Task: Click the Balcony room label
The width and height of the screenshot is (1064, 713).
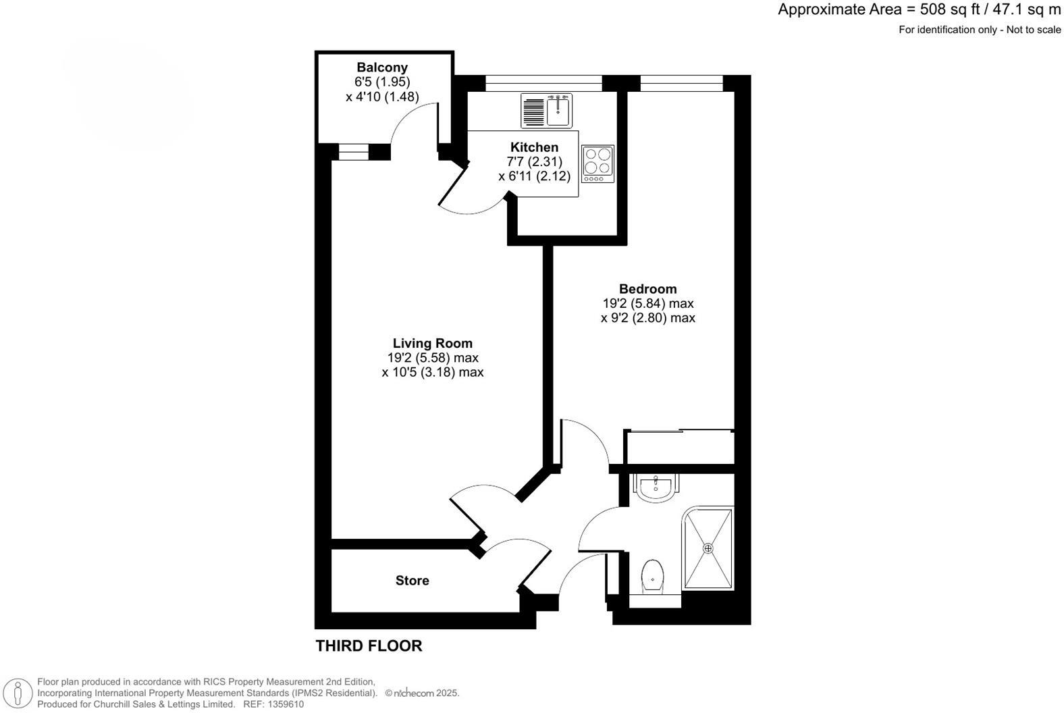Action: click(x=382, y=68)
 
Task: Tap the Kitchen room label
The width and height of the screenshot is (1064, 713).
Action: click(x=534, y=147)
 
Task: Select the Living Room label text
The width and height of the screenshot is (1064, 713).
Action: click(x=432, y=343)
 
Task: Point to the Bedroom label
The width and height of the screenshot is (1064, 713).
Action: click(x=647, y=289)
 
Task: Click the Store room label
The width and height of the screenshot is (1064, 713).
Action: click(x=412, y=581)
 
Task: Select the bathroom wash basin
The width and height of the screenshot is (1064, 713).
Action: click(x=654, y=487)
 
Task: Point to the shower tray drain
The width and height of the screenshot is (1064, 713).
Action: click(x=709, y=548)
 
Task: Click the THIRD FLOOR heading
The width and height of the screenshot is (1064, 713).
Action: click(x=369, y=646)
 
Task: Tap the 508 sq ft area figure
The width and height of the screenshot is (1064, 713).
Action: click(x=946, y=9)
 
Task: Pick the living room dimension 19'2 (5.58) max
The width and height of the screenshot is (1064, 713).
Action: click(x=432, y=358)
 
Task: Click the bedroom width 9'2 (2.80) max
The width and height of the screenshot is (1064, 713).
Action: click(x=647, y=318)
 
